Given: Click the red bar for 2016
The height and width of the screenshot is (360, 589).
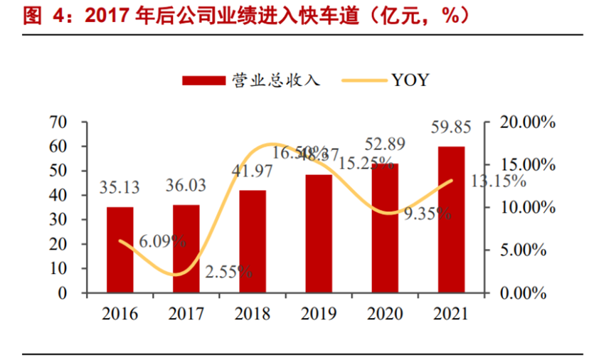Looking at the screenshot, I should [120, 250].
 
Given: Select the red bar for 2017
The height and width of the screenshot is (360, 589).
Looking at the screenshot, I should [186, 248].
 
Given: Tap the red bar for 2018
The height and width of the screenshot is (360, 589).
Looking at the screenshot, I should [253, 241].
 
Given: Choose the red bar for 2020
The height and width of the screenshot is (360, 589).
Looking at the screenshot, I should [385, 228].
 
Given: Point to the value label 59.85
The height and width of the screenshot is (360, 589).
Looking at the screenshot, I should [452, 128].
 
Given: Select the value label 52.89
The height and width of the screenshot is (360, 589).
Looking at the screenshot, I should [384, 144].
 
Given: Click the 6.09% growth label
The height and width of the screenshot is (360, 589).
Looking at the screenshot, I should [162, 241].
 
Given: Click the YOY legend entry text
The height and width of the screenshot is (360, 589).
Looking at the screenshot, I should [410, 80].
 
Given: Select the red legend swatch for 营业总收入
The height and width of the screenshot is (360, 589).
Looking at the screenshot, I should [203, 80].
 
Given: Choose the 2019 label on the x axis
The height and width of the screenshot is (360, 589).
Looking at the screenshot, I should [319, 314].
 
